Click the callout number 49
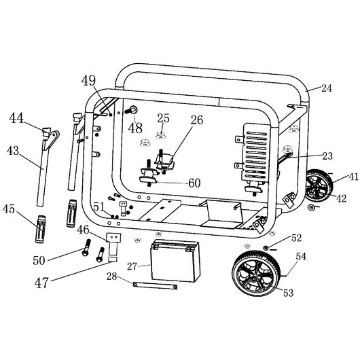click(x=88, y=81)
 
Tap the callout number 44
click(x=16, y=118)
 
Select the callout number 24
click(x=327, y=88)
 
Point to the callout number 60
click(x=194, y=183)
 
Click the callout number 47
click(x=41, y=283)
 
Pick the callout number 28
click(x=112, y=276)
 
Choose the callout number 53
click(x=289, y=293)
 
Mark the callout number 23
click(x=327, y=156)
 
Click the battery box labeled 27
click(x=175, y=260)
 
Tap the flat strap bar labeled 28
click(x=155, y=285)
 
